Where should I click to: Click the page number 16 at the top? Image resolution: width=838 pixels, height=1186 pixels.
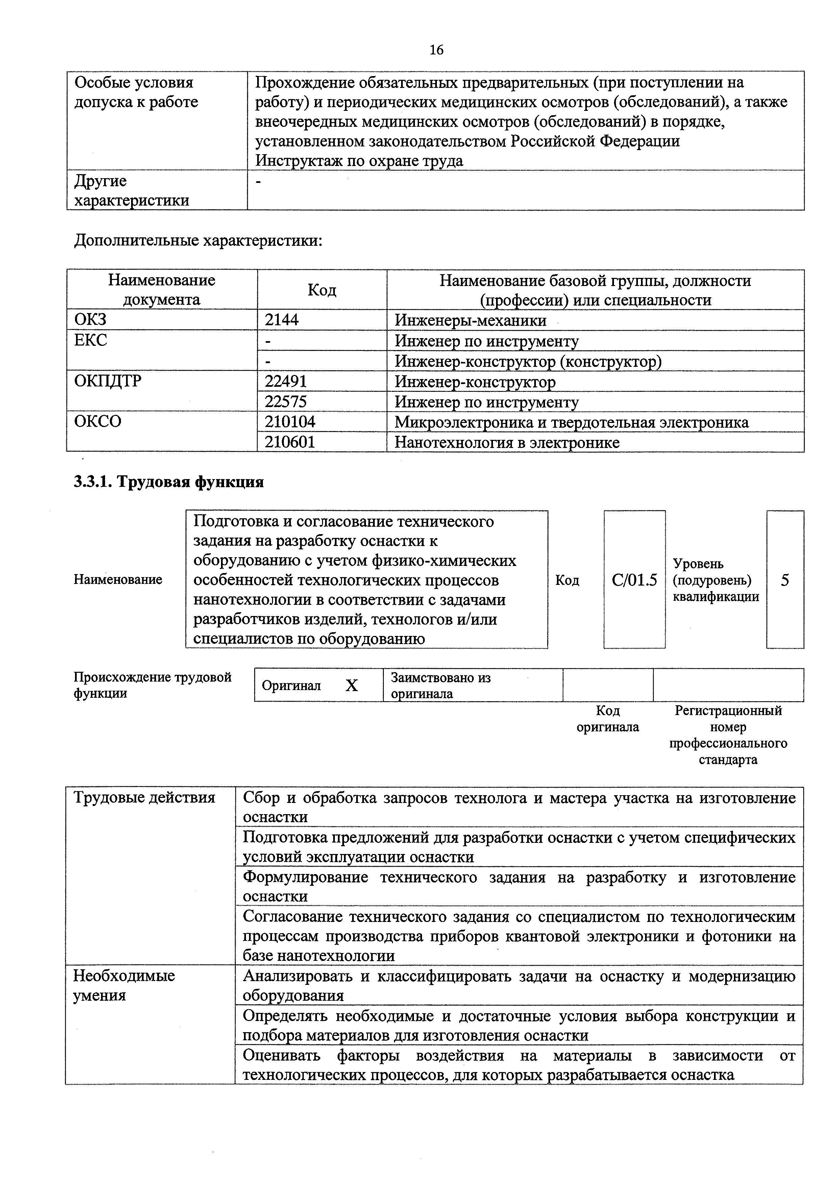click(436, 50)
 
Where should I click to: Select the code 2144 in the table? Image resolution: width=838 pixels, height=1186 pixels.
click(282, 320)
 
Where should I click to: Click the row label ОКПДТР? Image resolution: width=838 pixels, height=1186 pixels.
click(108, 381)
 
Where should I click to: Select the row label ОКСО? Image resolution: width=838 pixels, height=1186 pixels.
click(98, 422)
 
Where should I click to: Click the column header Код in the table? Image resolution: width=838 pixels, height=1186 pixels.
click(322, 290)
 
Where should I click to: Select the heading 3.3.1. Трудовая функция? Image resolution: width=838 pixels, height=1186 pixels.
click(169, 482)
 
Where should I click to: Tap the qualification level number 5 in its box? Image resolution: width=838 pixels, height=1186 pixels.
click(785, 580)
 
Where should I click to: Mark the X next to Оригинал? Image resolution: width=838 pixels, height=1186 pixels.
click(352, 685)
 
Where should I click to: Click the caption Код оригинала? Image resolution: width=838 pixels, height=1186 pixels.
click(608, 718)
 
